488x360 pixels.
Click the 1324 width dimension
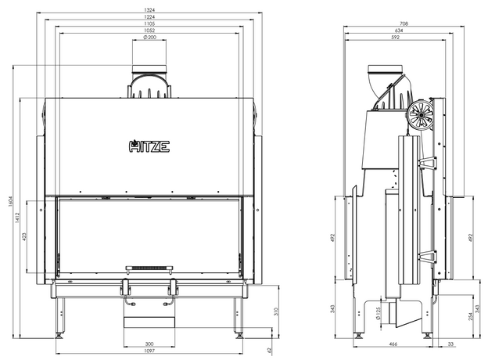pos(149,10)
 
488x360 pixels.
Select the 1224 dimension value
pos(149,16)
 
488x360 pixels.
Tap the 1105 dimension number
pos(149,23)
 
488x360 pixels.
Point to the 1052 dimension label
pos(149,31)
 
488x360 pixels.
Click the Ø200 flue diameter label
pos(149,38)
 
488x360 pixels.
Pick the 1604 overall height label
pos(10,201)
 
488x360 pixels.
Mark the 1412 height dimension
pos(17,218)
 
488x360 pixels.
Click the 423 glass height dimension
pos(24,237)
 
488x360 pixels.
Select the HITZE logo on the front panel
pos(149,146)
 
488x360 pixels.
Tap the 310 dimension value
pos(276,311)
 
